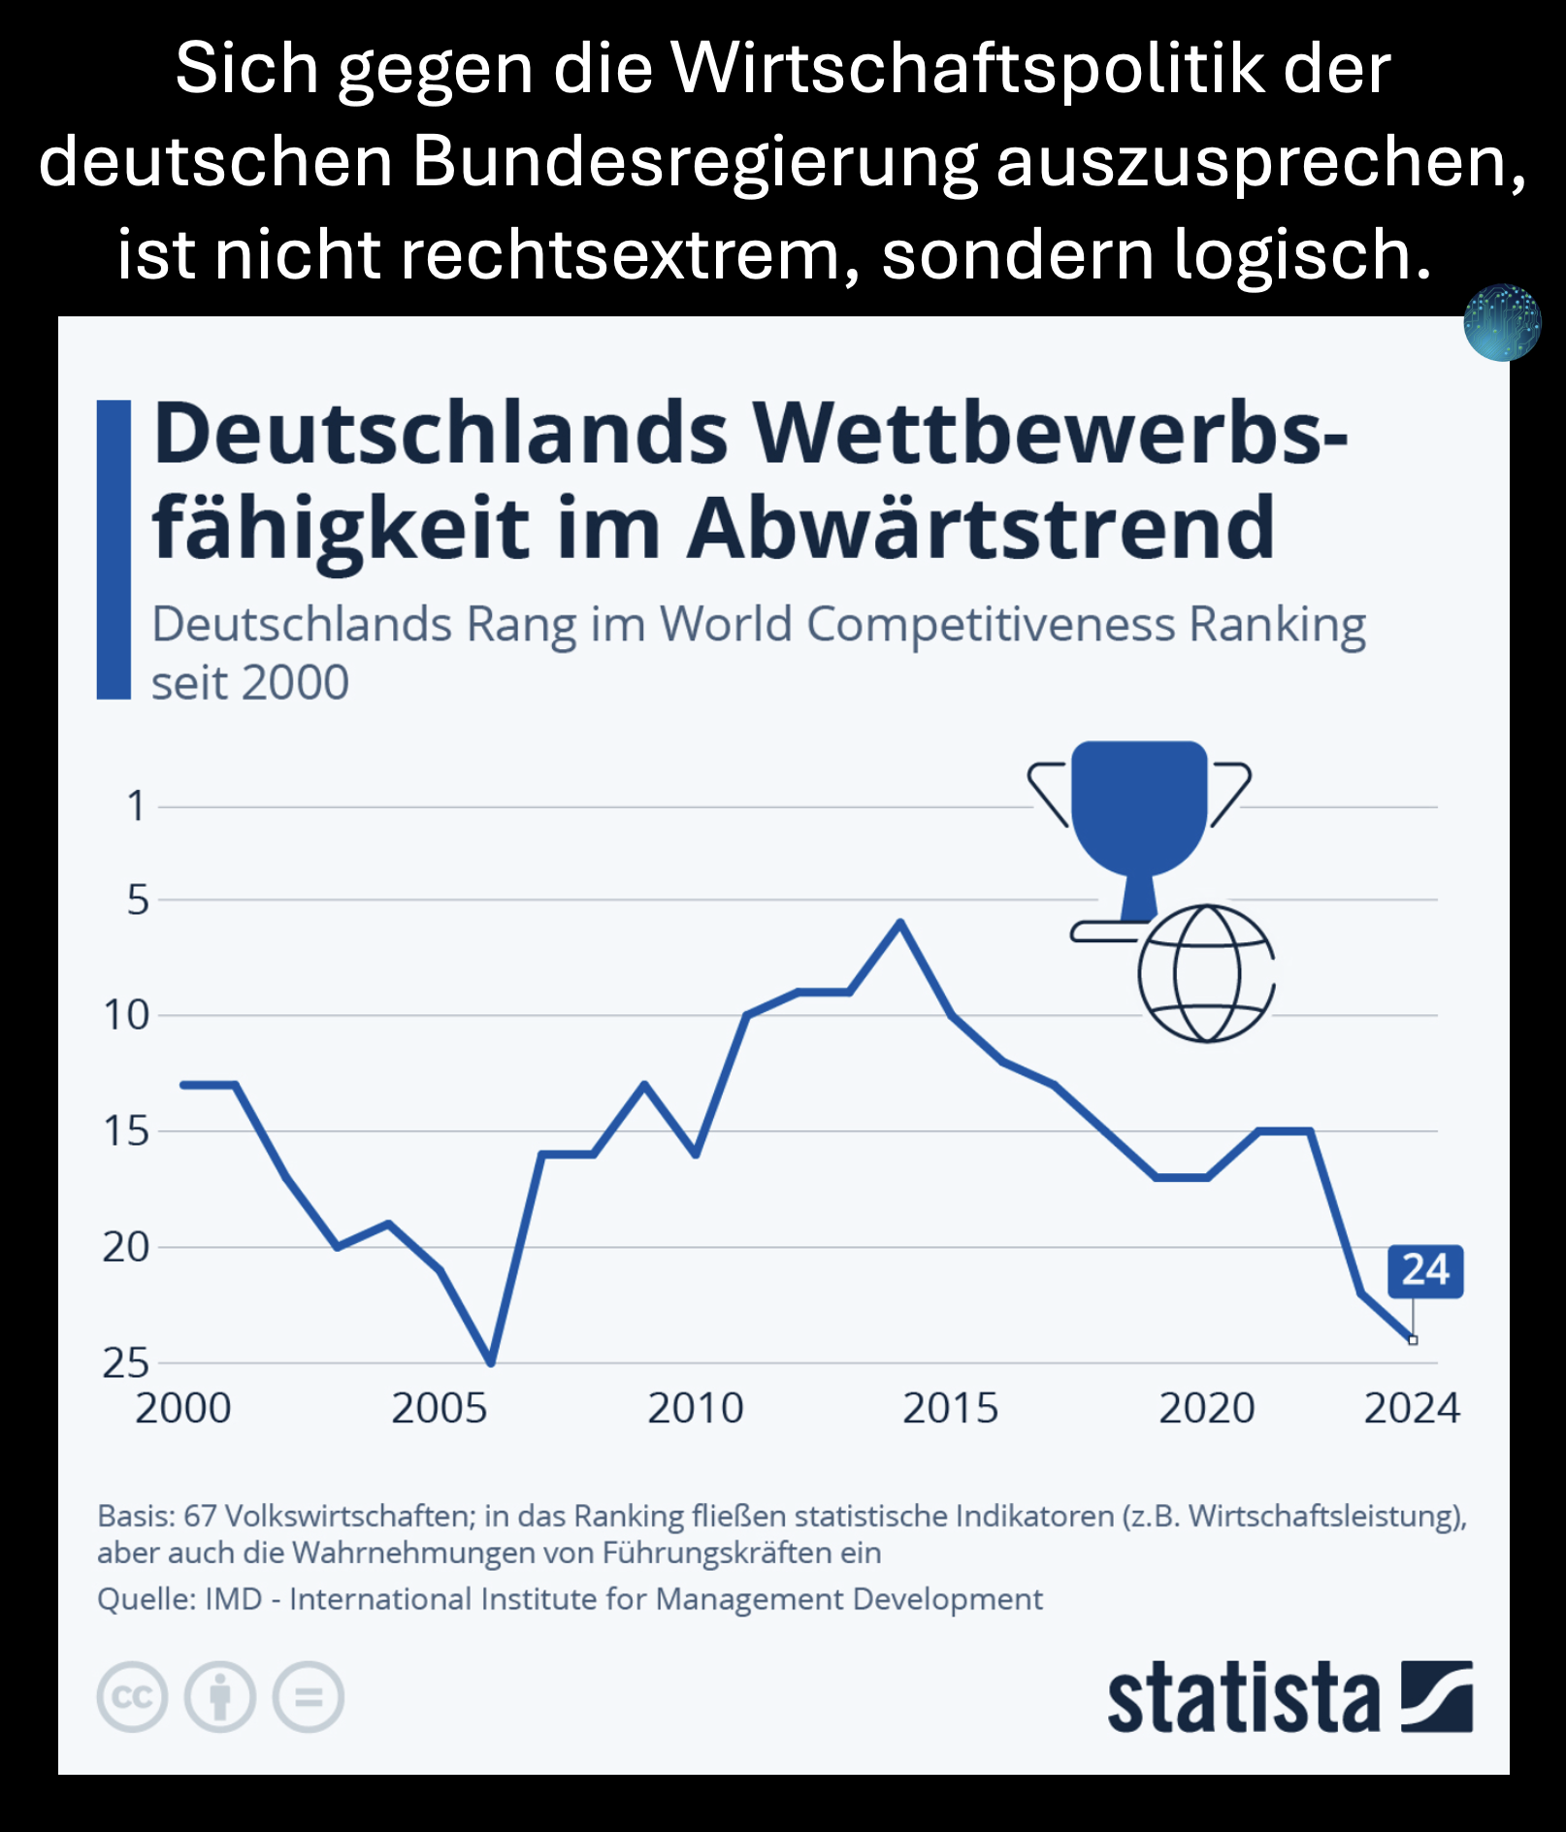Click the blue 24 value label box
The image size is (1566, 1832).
1424,1270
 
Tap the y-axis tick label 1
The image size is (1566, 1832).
136,806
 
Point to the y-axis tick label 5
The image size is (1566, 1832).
138,900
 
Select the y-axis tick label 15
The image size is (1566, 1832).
126,1131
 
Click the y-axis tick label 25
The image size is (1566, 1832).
126,1363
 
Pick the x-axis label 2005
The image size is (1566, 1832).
439,1409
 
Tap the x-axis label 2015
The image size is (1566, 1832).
950,1409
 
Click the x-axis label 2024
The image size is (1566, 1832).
1412,1409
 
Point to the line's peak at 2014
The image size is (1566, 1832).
900,922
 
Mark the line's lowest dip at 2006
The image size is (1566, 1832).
491,1362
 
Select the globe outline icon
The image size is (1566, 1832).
1206,973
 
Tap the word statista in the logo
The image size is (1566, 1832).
1243,1698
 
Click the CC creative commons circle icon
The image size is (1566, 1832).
132,1697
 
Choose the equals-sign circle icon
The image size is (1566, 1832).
309,1697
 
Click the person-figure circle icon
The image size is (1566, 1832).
220,1697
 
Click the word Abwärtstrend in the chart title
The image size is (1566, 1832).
980,529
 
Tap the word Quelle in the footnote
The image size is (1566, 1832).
132,1599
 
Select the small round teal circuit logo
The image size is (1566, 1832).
1502,322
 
